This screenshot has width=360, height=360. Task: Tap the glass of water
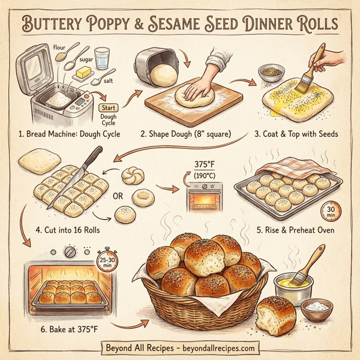[x=103, y=59]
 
